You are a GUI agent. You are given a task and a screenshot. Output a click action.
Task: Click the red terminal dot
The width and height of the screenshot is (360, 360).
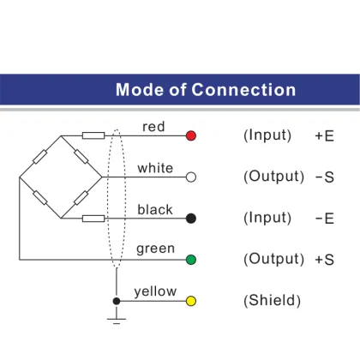coord(191,135)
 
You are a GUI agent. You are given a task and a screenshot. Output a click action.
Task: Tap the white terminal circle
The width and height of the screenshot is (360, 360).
coord(191,177)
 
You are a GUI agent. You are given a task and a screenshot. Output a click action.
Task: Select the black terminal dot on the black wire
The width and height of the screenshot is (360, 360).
coord(191,219)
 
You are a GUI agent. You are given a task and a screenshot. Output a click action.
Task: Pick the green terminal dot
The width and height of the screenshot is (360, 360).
coord(191,260)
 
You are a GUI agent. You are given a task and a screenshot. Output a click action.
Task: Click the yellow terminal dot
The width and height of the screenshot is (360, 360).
coord(191,301)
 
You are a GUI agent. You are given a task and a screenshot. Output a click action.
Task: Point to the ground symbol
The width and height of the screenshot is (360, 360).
coord(117,319)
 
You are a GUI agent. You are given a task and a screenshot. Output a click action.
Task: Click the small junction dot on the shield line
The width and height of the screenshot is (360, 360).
coord(117,301)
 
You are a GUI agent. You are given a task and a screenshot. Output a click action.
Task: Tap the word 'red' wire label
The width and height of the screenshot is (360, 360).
coord(153,127)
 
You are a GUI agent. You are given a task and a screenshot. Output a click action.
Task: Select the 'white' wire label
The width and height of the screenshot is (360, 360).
coord(155,168)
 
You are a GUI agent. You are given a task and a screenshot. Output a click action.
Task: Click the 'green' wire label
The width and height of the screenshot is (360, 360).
coord(155,249)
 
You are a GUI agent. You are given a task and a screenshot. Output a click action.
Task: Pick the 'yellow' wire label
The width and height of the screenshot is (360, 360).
coord(155,291)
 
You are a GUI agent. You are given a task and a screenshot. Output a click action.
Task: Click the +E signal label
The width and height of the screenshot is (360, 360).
coord(324,135)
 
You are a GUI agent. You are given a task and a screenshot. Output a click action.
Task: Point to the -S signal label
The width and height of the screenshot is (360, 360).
coord(325,177)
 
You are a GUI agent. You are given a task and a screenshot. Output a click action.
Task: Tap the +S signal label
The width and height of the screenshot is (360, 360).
coord(324,260)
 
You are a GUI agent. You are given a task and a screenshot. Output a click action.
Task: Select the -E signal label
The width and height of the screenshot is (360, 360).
coord(325,219)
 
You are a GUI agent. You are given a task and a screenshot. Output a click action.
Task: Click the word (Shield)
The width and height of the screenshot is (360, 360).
coord(272,301)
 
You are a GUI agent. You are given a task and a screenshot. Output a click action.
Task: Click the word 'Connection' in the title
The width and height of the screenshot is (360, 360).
coord(243,90)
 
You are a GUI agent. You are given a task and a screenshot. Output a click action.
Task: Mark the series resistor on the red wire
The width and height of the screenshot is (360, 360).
coord(93,135)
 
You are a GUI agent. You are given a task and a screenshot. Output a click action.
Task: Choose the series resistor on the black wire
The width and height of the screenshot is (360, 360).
coord(93,219)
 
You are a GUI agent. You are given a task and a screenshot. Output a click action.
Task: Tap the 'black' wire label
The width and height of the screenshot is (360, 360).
coord(155,209)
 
